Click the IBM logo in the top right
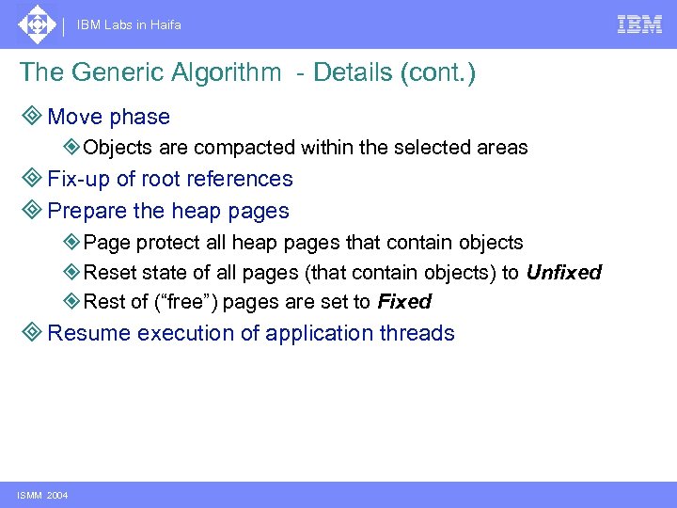[639, 24]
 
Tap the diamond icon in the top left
[37, 24]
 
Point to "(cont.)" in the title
[437, 73]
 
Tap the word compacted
[255, 148]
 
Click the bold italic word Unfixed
[563, 273]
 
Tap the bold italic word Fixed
[403, 302]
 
